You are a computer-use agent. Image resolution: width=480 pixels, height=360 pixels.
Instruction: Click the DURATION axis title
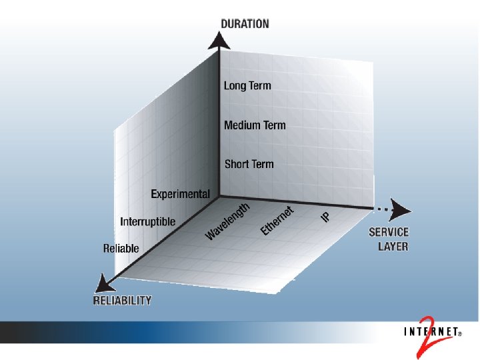point(245,23)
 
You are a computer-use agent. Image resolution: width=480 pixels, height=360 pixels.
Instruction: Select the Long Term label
point(247,85)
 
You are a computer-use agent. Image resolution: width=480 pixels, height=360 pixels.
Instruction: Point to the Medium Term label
point(255,125)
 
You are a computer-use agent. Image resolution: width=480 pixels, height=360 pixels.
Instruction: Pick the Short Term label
point(249,163)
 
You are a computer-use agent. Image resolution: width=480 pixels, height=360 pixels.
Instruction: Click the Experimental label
point(180,194)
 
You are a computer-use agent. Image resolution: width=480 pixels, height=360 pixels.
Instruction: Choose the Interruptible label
point(148,221)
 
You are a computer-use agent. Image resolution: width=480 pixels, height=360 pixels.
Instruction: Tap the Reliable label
point(121,248)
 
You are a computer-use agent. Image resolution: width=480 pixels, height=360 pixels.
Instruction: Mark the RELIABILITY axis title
point(122,300)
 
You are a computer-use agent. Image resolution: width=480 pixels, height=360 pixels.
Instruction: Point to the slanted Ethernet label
point(277,221)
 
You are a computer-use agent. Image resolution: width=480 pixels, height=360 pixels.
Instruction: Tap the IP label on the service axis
point(326,217)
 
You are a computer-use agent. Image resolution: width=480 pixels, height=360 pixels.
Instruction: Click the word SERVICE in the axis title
point(389,233)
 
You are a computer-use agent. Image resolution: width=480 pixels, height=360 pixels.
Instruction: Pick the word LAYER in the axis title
point(393,246)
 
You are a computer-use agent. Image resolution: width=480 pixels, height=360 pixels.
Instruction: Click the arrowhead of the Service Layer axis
point(401,209)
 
